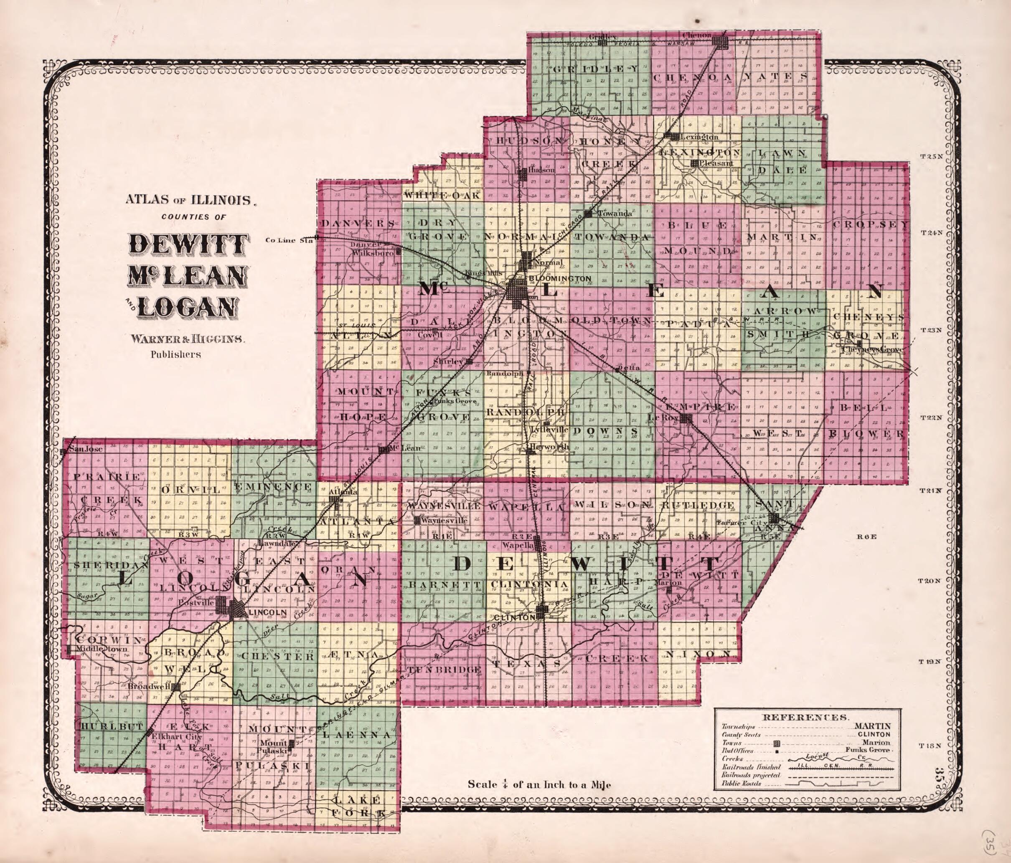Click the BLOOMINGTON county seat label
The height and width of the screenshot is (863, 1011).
click(x=560, y=279)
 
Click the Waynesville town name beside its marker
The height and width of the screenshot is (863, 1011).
click(x=445, y=521)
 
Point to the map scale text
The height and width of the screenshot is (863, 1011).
click(x=539, y=784)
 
